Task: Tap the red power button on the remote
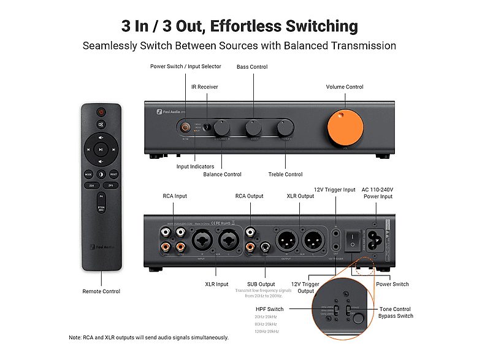coord(101,112)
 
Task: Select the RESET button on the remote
coord(113,174)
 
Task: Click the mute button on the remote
coord(101,124)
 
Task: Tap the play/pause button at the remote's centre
coord(101,148)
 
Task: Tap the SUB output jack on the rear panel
coord(265,248)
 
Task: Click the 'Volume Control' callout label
coord(344,87)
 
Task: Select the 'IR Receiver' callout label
coord(204,87)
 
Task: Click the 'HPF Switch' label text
coord(269,309)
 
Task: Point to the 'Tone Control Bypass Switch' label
coord(395,312)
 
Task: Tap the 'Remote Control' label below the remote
coord(101,291)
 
